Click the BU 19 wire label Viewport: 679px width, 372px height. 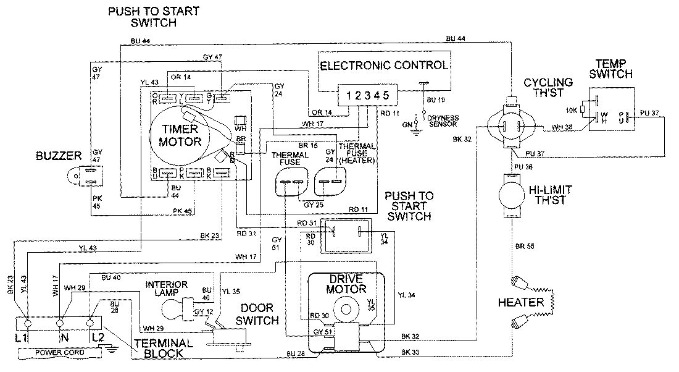click(x=436, y=98)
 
